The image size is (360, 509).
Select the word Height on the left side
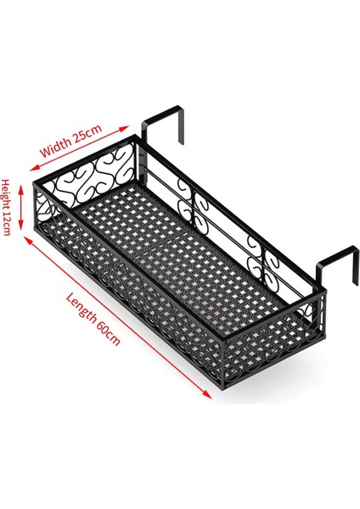pyautogui.click(x=7, y=193)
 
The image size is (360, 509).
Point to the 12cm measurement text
pyautogui.click(x=7, y=226)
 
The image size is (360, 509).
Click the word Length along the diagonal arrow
pyautogui.click(x=82, y=311)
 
